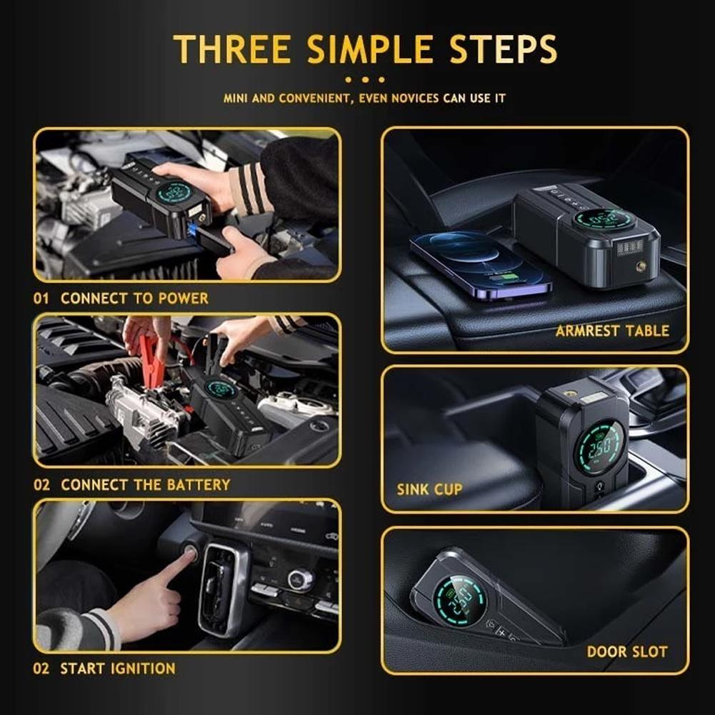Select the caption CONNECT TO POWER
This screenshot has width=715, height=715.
coord(134,298)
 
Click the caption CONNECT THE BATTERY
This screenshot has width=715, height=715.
coord(145,484)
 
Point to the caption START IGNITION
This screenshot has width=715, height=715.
coord(117,669)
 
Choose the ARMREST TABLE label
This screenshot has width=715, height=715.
coord(612,331)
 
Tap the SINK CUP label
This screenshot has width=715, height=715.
coord(429,489)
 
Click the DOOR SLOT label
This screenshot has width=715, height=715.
coord(626,651)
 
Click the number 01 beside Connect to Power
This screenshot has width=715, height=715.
coord(41,298)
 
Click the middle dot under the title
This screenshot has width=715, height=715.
coord(364,79)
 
